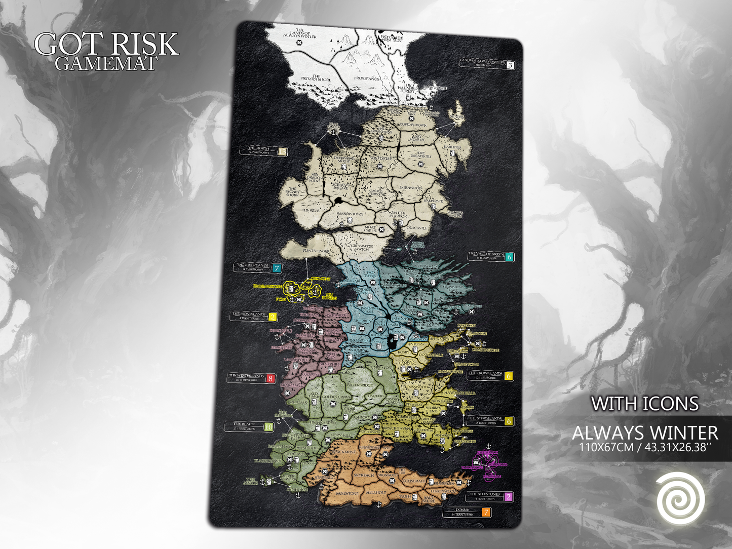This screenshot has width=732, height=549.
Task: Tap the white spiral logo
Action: click(x=680, y=499)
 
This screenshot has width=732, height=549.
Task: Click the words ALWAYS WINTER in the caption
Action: click(x=645, y=434)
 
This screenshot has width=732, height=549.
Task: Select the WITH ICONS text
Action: click(x=645, y=404)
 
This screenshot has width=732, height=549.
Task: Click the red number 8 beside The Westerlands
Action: click(x=271, y=378)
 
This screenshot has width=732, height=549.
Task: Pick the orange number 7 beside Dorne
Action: click(x=486, y=513)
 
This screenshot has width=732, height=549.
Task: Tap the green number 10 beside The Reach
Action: click(x=268, y=427)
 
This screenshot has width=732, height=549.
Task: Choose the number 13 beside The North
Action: click(x=282, y=151)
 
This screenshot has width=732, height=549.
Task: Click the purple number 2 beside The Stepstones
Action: click(x=509, y=497)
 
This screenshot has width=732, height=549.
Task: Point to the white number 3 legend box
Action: click(x=510, y=65)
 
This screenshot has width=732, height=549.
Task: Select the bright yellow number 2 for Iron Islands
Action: click(x=272, y=318)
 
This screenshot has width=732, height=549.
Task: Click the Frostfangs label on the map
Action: click(x=367, y=79)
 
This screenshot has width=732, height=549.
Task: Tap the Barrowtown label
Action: click(x=350, y=214)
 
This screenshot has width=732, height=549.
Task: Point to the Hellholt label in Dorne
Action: click(x=376, y=492)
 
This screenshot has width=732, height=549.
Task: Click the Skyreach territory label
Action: click(x=363, y=476)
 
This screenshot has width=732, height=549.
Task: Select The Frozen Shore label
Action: click(x=317, y=79)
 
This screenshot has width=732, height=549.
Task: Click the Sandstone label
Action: click(x=347, y=493)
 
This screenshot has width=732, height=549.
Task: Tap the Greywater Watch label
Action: click(x=362, y=248)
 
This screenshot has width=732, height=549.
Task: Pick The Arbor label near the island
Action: click(x=251, y=481)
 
